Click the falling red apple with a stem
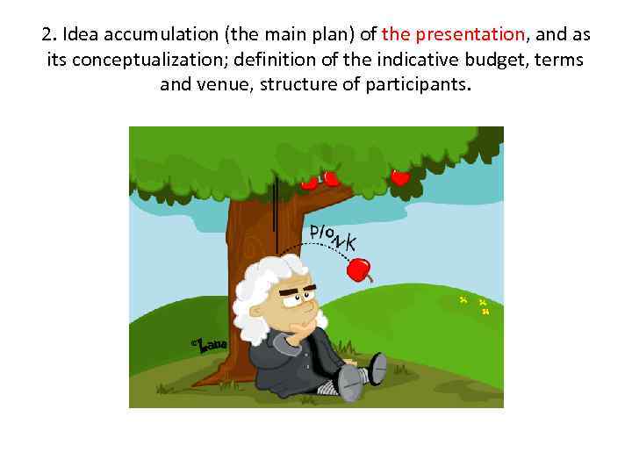click(360, 269)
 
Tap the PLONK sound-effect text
click(333, 236)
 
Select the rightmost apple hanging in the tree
click(400, 176)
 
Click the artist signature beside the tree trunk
click(211, 345)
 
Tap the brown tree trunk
click(241, 263)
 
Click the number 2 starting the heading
click(47, 35)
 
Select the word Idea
click(76, 35)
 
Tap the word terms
click(558, 61)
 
